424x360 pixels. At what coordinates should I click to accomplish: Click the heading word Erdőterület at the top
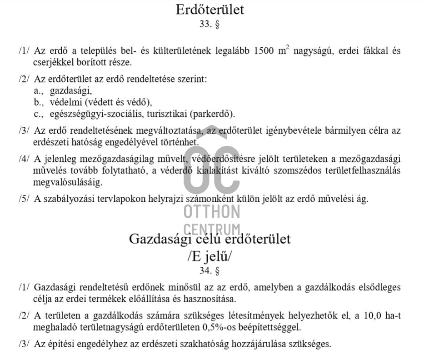[x=210, y=10]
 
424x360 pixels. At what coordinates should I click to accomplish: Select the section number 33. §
[x=210, y=25]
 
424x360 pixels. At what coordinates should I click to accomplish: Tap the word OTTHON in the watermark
[x=212, y=212]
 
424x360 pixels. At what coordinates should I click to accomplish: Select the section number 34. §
[x=210, y=271]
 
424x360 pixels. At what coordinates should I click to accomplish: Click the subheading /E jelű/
[x=210, y=256]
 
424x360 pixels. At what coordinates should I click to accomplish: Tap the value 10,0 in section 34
[x=369, y=316]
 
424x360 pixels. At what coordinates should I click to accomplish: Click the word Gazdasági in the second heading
[x=160, y=239]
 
